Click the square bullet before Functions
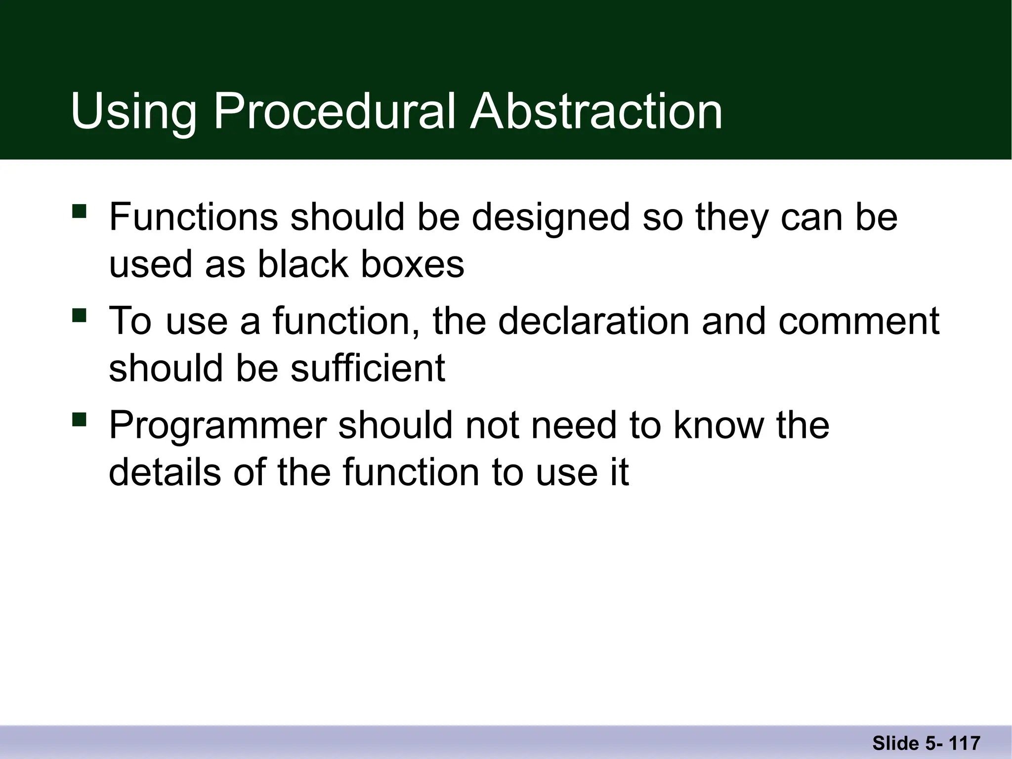79,211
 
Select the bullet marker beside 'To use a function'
79,315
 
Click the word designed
551,217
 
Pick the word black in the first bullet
303,264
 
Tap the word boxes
413,264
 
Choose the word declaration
593,321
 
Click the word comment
859,321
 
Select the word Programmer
218,425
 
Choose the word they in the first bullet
732,217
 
